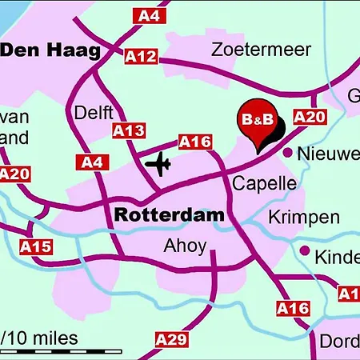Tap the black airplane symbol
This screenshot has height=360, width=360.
point(159,164)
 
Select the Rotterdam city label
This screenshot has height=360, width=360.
point(169,215)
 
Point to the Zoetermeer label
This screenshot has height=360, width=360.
point(261,50)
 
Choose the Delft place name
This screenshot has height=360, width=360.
point(94,113)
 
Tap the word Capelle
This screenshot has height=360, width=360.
point(264,184)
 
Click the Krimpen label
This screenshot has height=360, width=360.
point(303,217)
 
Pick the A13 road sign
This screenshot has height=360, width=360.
point(129,130)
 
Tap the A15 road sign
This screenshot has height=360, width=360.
point(34,246)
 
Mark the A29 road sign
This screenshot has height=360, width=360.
point(172,339)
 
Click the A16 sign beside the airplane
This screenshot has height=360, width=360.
point(194,142)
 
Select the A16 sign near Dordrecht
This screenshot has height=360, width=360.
point(292,307)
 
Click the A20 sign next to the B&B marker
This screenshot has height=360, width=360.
point(310,118)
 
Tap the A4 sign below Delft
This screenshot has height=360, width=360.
point(91,162)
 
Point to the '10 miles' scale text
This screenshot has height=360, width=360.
point(44,338)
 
